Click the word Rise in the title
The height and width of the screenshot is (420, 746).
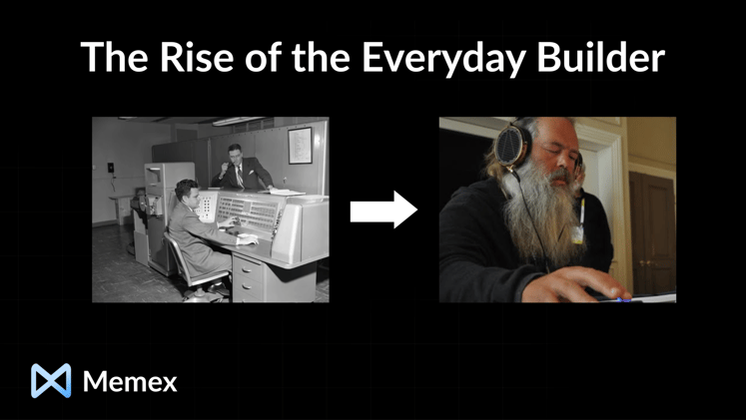click(176, 57)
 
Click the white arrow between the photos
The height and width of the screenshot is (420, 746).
click(383, 210)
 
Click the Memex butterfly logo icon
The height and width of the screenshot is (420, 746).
click(51, 381)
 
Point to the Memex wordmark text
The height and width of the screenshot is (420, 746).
click(130, 381)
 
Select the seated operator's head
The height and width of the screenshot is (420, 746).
click(187, 192)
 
